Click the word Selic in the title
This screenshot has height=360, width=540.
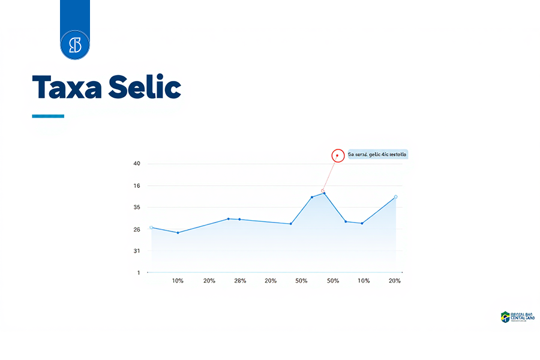click(x=145, y=87)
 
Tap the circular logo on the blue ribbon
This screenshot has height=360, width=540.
click(x=75, y=45)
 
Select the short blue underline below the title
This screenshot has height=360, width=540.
click(x=48, y=116)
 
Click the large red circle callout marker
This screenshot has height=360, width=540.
click(x=338, y=155)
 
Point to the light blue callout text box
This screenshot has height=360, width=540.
click(x=377, y=154)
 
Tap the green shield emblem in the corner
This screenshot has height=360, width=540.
click(x=505, y=316)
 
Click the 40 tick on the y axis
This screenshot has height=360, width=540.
click(x=137, y=164)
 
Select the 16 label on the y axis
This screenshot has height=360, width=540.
click(x=137, y=186)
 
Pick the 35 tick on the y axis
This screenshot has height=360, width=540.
click(x=137, y=208)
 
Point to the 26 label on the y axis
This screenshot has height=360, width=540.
click(x=137, y=229)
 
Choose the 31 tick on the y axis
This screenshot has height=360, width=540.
click(x=137, y=251)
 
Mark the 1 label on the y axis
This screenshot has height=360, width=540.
click(x=138, y=273)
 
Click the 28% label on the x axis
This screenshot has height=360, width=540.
click(x=240, y=281)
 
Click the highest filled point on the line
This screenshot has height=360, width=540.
click(x=324, y=193)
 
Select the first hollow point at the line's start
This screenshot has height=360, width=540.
click(x=151, y=227)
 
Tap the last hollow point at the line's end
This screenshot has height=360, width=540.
click(x=395, y=197)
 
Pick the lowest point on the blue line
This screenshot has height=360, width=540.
click(x=178, y=233)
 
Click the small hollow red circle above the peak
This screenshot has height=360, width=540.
click(x=323, y=191)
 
